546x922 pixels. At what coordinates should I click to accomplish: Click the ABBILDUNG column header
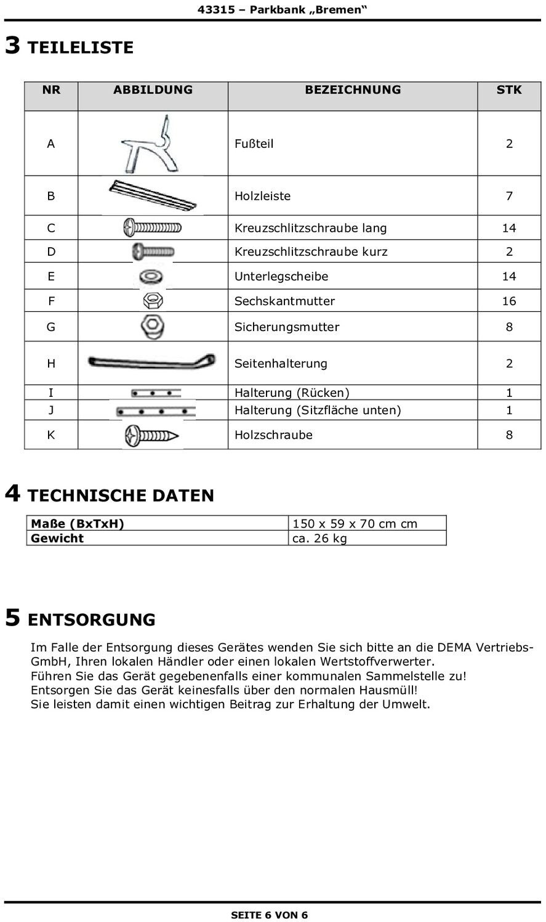point(153,90)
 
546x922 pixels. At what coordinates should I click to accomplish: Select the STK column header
point(509,90)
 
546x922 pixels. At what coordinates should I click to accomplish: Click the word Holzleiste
point(262,196)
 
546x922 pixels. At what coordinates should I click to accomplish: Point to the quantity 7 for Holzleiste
point(509,196)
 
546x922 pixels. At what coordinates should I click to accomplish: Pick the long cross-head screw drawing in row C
point(153,228)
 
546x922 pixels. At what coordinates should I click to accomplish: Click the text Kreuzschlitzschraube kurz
point(311,251)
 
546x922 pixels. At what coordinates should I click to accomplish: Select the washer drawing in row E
point(151,276)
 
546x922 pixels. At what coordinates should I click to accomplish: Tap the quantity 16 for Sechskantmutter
point(509,301)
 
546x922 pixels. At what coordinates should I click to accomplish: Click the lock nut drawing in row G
point(152,327)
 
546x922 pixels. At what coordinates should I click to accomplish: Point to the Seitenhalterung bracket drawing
point(151,362)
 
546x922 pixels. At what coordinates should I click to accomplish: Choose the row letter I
point(51,393)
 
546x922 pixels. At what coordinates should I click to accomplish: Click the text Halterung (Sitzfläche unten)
point(318,410)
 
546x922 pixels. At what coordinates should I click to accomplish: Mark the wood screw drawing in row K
point(151,436)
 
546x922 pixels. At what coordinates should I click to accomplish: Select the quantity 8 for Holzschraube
point(509,435)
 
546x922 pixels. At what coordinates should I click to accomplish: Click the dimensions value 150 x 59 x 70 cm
point(355,524)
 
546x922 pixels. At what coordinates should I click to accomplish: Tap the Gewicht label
point(57,539)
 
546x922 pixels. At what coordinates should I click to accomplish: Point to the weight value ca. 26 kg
point(319,539)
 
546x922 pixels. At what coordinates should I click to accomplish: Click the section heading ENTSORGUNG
point(92,620)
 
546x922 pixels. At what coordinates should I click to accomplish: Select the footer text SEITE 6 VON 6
point(269,915)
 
